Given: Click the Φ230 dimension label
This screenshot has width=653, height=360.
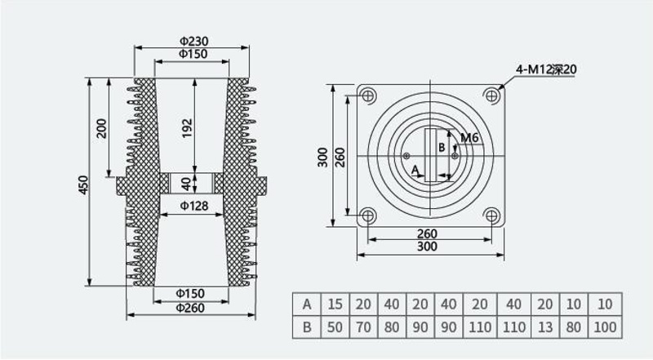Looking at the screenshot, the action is click(194, 42).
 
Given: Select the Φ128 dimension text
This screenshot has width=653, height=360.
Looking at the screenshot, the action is click(194, 206).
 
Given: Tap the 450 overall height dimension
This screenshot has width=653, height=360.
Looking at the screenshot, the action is click(84, 184).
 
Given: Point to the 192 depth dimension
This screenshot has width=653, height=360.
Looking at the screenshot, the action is click(187, 128).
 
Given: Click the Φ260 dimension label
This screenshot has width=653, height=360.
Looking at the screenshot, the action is click(190, 308).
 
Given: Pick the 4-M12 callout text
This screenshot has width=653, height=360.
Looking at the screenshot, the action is click(546, 69).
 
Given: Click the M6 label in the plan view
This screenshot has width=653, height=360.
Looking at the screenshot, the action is click(469, 137).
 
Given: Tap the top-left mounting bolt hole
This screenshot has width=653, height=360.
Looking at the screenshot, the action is click(367, 96).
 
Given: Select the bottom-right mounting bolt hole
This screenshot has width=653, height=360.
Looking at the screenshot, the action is click(492, 216).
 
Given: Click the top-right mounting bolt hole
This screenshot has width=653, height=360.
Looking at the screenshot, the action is click(492, 96).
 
